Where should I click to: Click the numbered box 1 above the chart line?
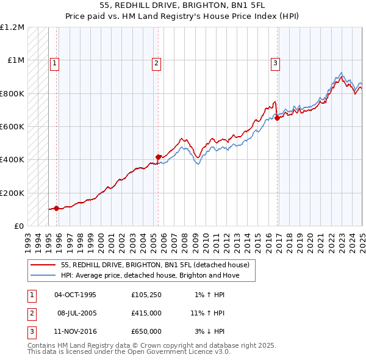coord(55,62)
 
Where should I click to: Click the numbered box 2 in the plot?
coord(156,62)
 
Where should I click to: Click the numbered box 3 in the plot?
coord(275,62)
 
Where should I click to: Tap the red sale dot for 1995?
coord(57,209)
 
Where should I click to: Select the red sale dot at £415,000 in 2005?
coord(159,157)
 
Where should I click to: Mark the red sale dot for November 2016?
coord(278,118)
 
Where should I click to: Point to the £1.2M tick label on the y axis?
coord(12,27)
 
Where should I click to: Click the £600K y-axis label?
coord(12,127)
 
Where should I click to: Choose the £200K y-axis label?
coord(12,193)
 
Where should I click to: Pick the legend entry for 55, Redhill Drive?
coord(155,265)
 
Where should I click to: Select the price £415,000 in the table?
coord(146,313)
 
